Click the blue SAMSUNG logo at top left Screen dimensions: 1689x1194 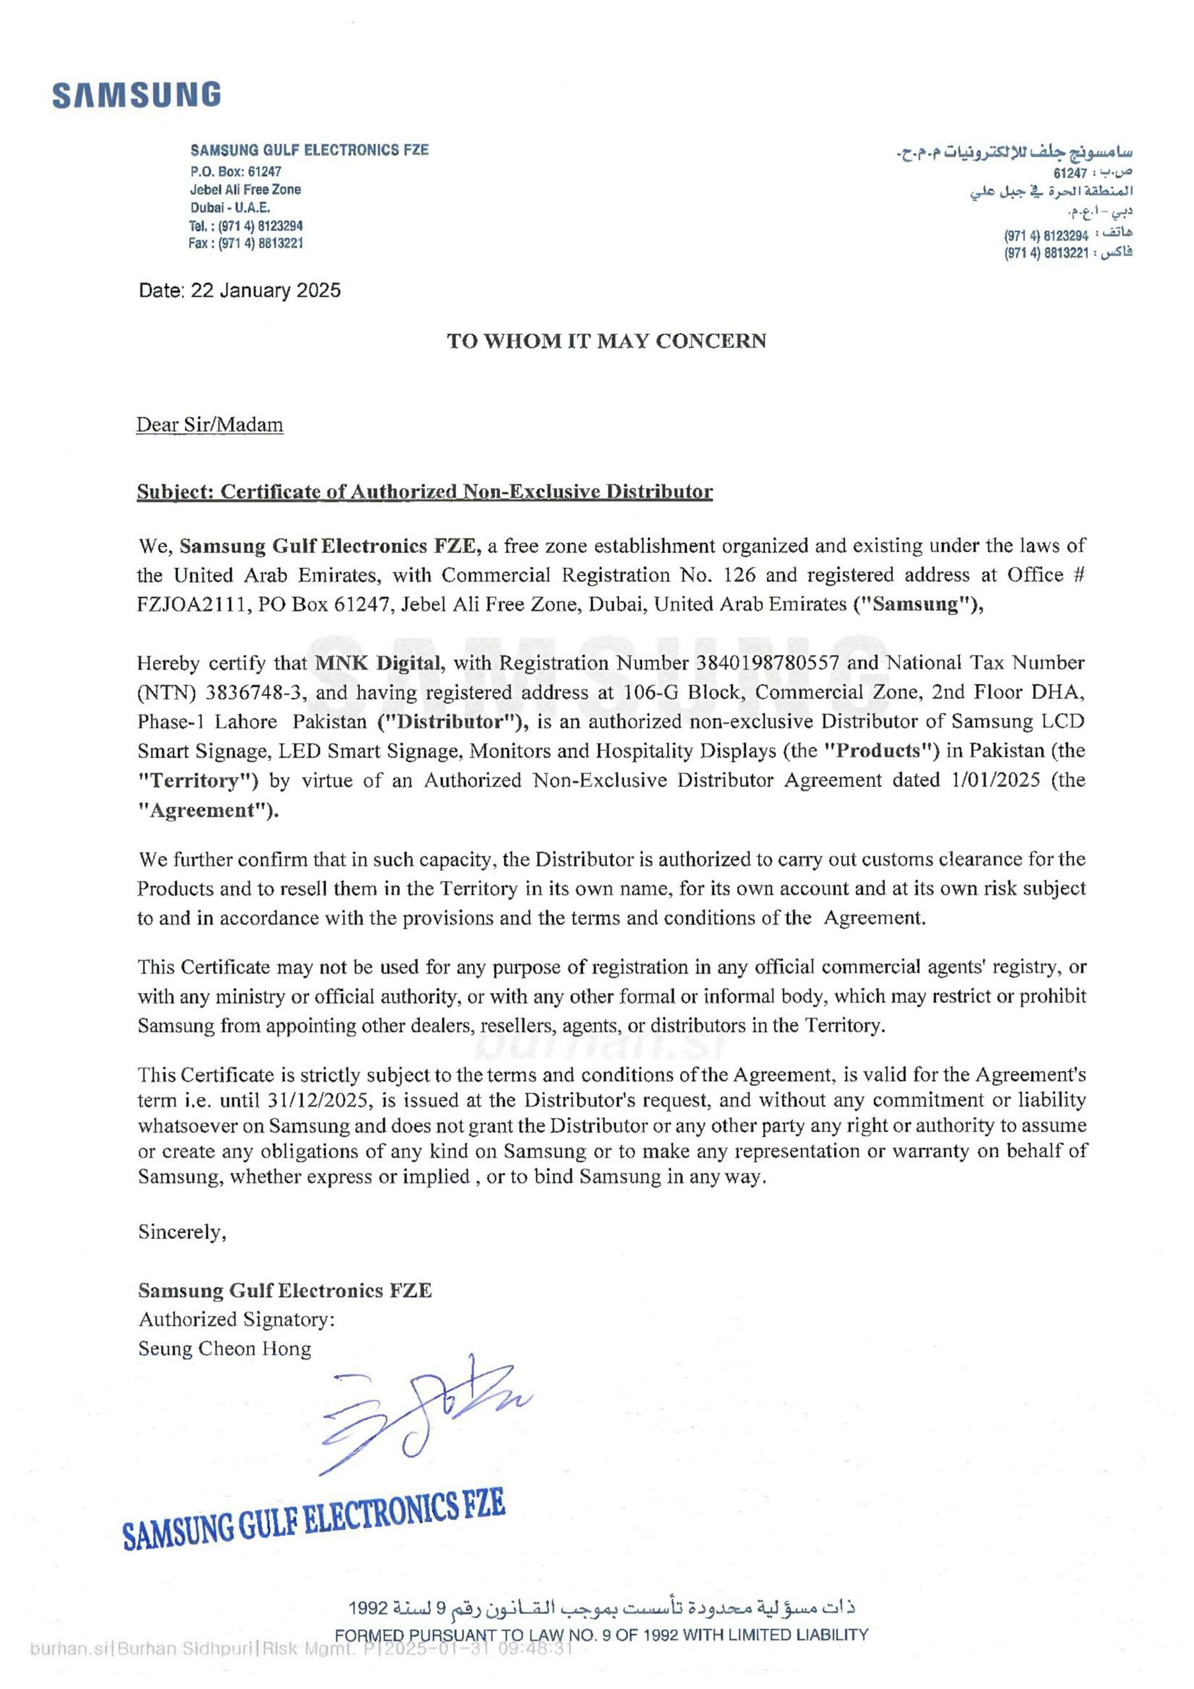(137, 96)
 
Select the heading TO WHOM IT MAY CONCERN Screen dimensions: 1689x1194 (607, 340)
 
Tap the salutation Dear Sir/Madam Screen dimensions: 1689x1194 (210, 425)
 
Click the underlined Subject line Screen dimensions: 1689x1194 (424, 492)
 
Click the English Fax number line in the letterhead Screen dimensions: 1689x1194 (245, 243)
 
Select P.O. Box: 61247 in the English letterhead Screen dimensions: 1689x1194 (236, 172)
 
